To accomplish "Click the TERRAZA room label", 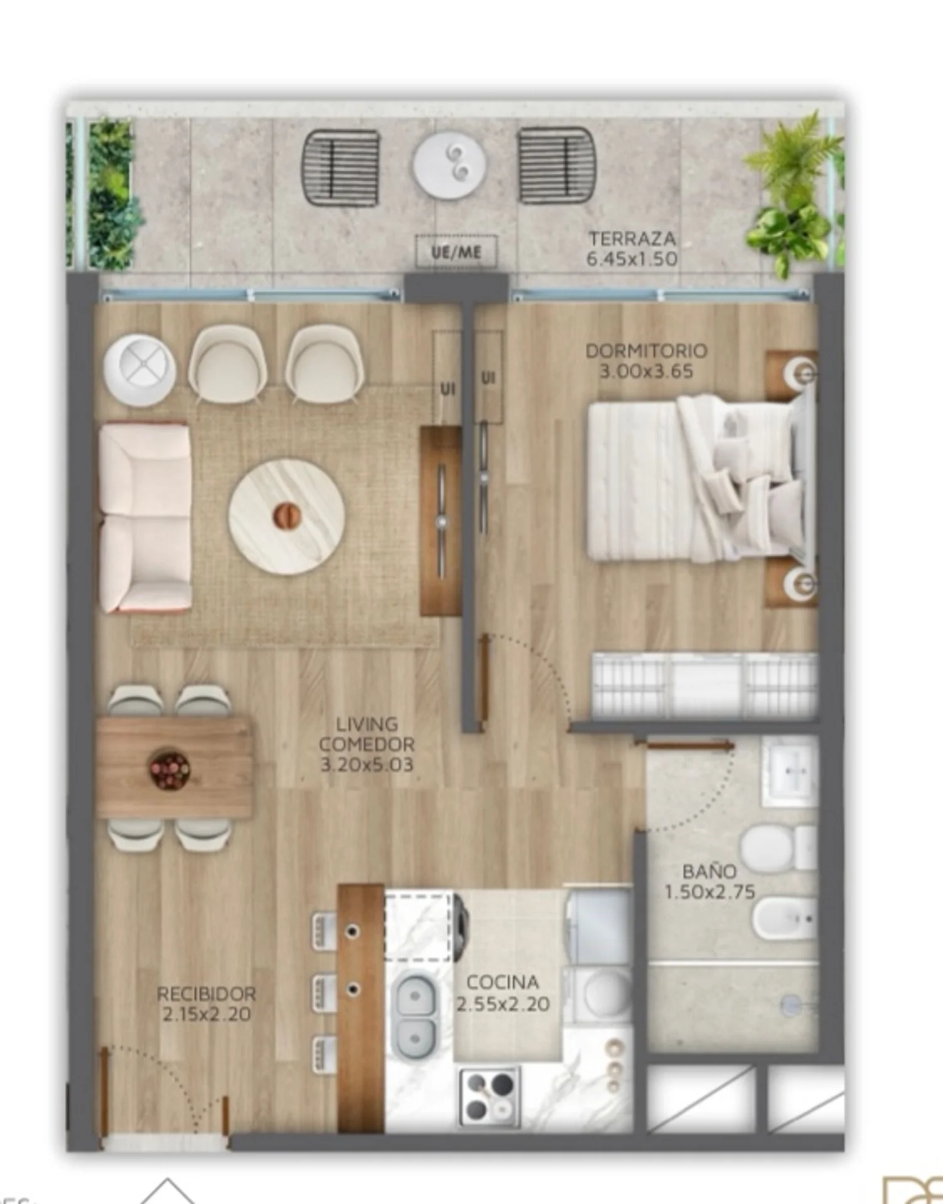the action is click(632, 239).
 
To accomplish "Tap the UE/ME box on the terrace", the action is click(456, 252).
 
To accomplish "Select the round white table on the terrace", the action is click(449, 165).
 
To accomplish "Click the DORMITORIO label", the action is click(646, 351).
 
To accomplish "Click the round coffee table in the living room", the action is click(287, 515).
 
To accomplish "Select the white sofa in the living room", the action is click(145, 517).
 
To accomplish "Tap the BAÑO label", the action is click(709, 871).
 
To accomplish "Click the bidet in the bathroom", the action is click(785, 919).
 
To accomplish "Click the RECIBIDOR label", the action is click(206, 994).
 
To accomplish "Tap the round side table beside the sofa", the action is click(140, 370).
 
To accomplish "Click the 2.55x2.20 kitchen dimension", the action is click(503, 1004).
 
